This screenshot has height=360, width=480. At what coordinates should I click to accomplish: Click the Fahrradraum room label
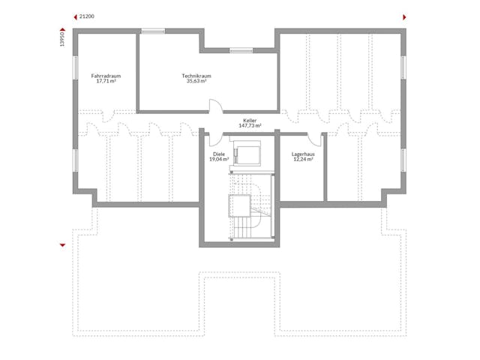106,76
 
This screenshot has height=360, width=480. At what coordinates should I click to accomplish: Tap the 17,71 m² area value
106,81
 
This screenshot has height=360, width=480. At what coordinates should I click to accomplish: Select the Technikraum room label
196,76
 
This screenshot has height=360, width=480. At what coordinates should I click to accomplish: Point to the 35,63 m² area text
196,81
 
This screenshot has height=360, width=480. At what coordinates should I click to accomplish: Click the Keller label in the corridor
250,121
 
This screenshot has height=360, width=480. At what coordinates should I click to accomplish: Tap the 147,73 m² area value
250,125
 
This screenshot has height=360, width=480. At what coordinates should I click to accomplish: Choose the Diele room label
219,154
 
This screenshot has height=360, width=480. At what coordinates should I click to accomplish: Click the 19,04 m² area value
219,159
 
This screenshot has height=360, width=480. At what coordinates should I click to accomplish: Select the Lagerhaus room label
303,154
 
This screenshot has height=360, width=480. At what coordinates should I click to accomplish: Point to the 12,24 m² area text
303,159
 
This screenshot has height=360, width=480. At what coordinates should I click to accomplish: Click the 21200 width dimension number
87,16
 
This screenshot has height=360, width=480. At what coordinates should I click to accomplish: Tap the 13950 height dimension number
62,39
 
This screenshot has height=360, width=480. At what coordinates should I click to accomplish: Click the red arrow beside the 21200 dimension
75,17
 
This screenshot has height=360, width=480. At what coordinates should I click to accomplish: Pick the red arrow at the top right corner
404,17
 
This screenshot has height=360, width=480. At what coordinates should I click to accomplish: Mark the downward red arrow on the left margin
63,245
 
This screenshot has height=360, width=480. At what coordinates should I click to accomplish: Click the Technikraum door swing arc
217,104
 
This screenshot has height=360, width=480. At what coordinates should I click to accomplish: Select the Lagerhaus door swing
314,141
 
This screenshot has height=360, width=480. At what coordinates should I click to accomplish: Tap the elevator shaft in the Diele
247,153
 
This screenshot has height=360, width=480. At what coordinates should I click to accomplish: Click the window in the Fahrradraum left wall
75,67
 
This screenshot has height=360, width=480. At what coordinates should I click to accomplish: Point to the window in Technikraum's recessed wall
241,50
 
